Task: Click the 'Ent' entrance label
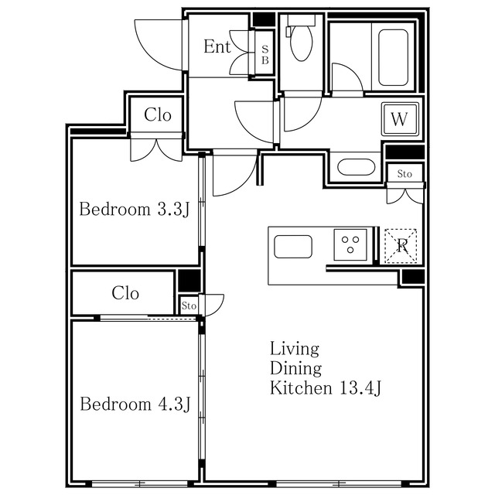(217, 46)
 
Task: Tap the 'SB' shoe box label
(265, 55)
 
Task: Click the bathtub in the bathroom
(393, 57)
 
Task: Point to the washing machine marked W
(400, 119)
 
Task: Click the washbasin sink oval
(356, 167)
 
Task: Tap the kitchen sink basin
(293, 247)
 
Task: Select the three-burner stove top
(350, 244)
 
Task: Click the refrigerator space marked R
(401, 246)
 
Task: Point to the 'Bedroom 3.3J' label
(134, 210)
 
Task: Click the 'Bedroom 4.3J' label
(135, 404)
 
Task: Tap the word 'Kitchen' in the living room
(301, 387)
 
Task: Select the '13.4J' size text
(360, 388)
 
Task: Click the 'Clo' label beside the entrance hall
(158, 114)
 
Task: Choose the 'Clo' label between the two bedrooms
(125, 293)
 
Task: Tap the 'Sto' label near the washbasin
(405, 174)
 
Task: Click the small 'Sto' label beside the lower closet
(189, 306)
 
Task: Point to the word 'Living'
(294, 349)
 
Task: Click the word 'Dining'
(295, 368)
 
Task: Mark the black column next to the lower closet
(189, 281)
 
